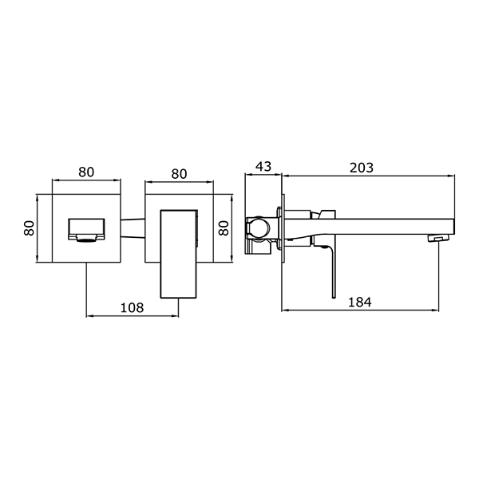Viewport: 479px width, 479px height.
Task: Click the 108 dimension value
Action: click(132, 307)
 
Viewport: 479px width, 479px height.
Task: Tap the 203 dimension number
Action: click(362, 168)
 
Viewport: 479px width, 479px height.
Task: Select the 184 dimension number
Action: click(360, 302)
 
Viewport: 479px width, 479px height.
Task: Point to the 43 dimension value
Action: click(263, 167)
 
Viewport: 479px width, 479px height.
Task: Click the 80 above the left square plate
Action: click(86, 172)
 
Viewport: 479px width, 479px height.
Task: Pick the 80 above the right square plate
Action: click(179, 174)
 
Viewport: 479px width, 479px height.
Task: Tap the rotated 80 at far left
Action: click(30, 228)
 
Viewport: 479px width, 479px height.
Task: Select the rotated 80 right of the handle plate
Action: click(224, 228)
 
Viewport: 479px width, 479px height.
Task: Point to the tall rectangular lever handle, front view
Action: click(179, 254)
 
